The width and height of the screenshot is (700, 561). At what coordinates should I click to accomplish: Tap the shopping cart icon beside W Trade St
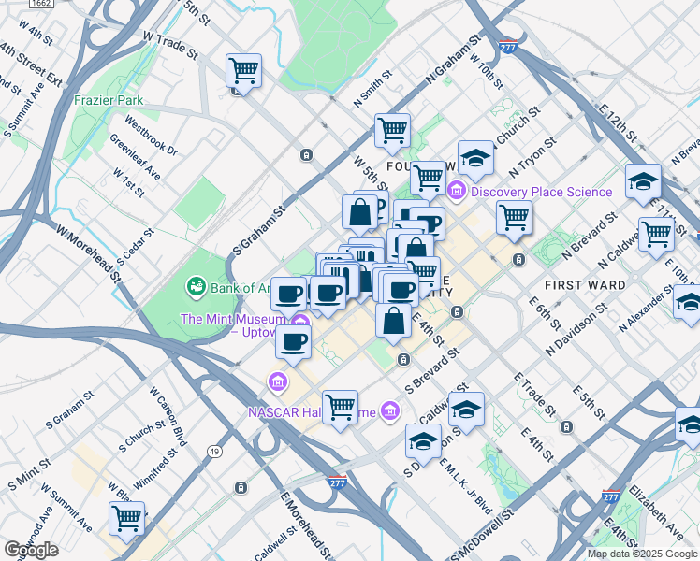click(x=243, y=71)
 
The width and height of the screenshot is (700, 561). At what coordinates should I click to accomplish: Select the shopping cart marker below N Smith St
click(x=392, y=131)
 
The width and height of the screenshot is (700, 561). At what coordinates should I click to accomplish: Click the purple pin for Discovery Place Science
click(x=457, y=192)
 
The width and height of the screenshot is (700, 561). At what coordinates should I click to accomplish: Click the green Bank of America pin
click(x=197, y=285)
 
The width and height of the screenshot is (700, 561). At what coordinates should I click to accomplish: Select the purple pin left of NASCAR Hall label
click(x=277, y=381)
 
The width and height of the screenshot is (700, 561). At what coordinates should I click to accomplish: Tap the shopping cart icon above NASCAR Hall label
click(x=340, y=408)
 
